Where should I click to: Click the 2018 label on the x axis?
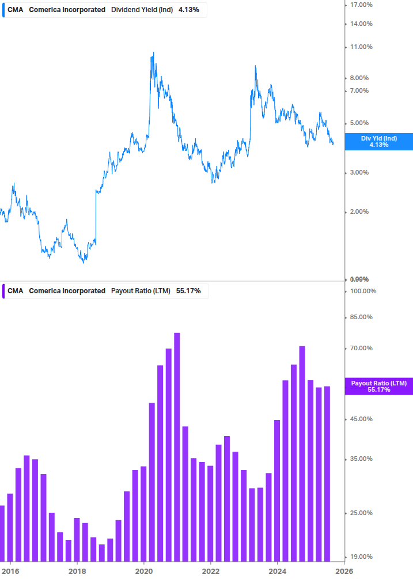point(77,571)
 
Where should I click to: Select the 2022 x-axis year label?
point(211,571)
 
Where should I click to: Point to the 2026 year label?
point(344,571)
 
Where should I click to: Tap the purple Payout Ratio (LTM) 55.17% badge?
point(378,386)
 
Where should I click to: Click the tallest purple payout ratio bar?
point(177,446)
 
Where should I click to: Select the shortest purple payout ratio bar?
point(102,552)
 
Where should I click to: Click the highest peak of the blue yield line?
point(153,52)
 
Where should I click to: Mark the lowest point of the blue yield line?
point(84,263)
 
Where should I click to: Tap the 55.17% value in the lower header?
point(188,291)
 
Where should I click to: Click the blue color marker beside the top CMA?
point(3,10)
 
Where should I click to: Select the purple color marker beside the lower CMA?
point(3,291)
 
